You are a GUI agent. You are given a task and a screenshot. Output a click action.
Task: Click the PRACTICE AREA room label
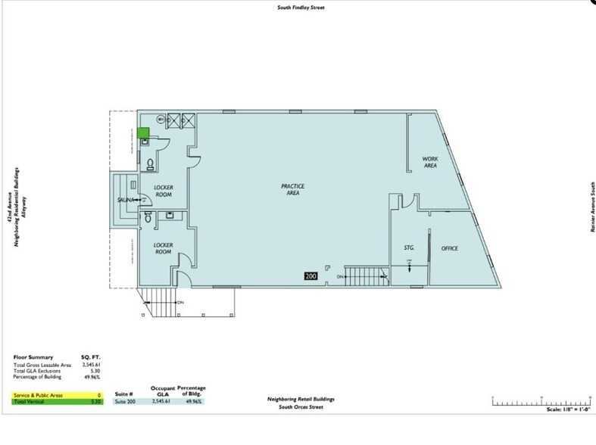[292, 189]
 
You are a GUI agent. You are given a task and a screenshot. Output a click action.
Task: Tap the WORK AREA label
[431, 161]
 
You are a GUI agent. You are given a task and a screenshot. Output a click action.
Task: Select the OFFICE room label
[449, 248]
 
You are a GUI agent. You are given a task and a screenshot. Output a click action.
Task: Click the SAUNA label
[125, 200]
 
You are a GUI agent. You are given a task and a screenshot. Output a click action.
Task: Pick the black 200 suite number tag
[311, 276]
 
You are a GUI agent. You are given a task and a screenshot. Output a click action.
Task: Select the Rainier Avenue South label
[591, 207]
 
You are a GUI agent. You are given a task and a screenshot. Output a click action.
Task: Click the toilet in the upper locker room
[150, 163]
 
